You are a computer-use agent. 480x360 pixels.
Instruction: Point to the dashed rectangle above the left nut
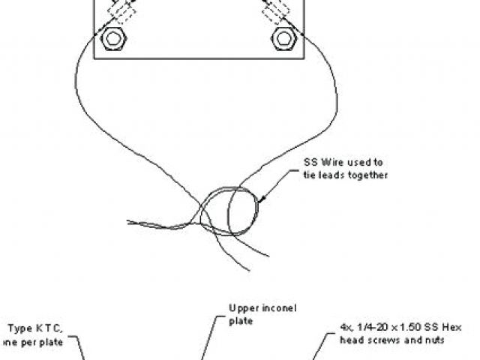pos(120,13)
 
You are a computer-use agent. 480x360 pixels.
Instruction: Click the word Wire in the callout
pos(328,162)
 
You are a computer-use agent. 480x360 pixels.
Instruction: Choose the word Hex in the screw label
pos(451,328)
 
